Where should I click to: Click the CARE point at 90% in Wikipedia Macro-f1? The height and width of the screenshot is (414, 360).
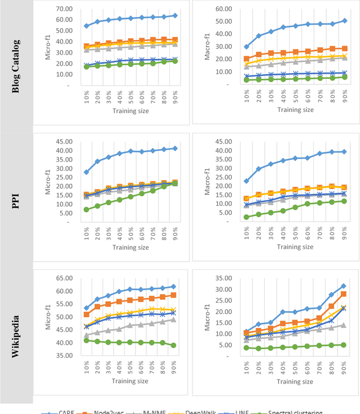[343, 286]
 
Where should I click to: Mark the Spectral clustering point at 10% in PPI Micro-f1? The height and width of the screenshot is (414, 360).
[86, 210]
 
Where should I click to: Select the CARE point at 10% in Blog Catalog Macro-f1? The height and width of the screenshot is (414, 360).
[246, 47]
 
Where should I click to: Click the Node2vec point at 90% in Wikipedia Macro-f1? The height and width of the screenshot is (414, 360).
[343, 294]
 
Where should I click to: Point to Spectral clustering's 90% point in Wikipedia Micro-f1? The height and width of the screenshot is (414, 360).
[174, 345]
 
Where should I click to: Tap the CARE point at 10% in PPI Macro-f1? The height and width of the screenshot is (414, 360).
[246, 181]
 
